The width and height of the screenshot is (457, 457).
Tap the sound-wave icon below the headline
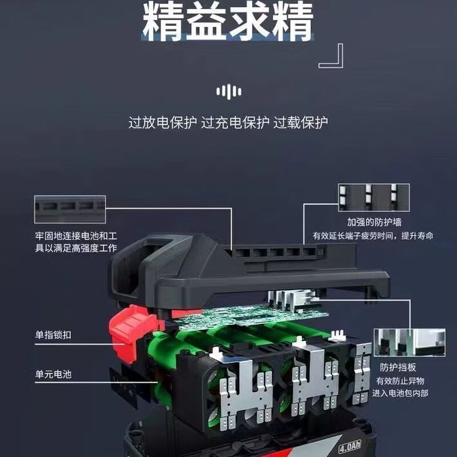click(228, 91)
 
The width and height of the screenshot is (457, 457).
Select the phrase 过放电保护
click(162, 122)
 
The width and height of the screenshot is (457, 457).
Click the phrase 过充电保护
click(235, 122)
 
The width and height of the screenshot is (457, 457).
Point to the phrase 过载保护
click(300, 122)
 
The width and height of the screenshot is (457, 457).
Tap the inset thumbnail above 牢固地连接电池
click(70, 209)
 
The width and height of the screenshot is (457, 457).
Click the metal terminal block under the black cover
click(288, 298)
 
